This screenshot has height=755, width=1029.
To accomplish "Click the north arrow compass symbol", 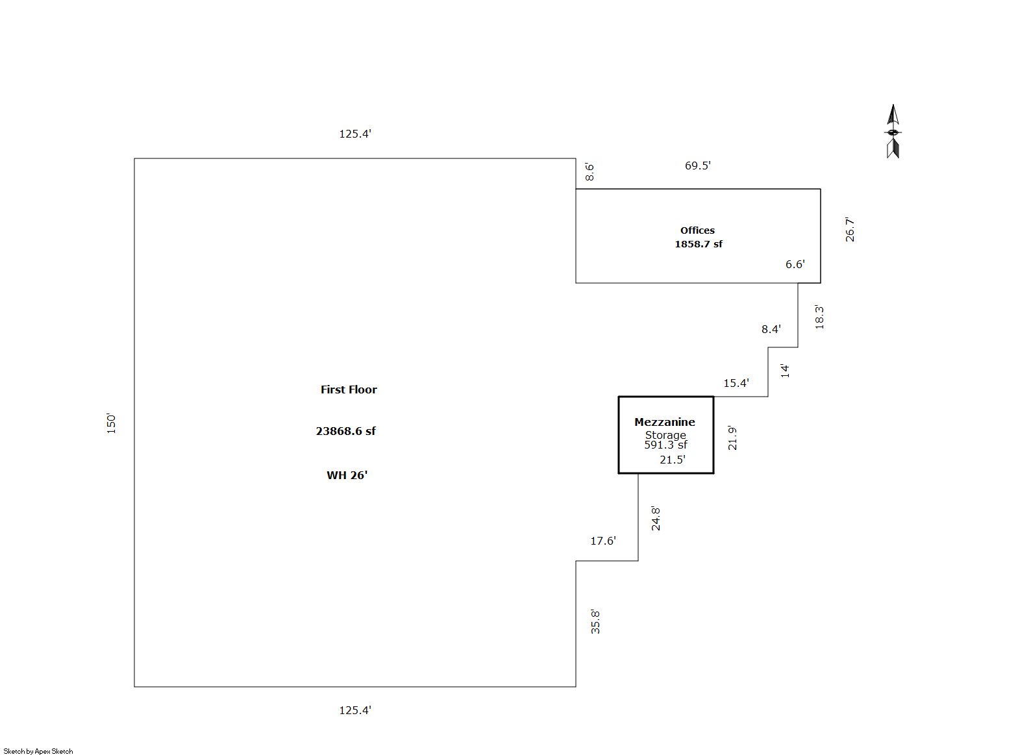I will click(893, 131).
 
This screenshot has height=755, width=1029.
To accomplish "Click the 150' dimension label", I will click(112, 423).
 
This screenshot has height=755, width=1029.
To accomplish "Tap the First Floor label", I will click(349, 390).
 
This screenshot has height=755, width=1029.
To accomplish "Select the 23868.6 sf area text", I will click(345, 431).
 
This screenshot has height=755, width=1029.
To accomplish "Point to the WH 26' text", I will click(347, 475).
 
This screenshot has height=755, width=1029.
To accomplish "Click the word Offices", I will click(697, 230).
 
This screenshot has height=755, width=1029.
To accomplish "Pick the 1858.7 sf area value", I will click(699, 244).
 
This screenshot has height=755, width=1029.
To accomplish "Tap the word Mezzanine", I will click(665, 422).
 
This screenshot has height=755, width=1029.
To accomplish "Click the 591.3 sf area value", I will click(665, 445).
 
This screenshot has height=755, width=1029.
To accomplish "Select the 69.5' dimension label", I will click(698, 166).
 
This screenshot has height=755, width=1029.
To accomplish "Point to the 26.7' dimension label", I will click(850, 230).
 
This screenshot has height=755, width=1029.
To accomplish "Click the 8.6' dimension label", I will click(589, 172).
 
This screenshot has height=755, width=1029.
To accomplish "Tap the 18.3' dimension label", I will click(819, 317).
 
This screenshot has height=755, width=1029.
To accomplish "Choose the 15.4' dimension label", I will click(736, 383).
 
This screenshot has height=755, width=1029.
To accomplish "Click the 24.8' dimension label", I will click(656, 519).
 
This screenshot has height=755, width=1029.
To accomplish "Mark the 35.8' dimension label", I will click(595, 621).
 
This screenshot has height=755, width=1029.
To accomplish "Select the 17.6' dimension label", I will click(603, 541).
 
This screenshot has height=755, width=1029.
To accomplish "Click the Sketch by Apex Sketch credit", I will click(38, 751).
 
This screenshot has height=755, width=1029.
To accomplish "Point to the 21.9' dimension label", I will click(732, 438).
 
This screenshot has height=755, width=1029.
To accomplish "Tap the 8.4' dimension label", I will click(771, 329).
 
